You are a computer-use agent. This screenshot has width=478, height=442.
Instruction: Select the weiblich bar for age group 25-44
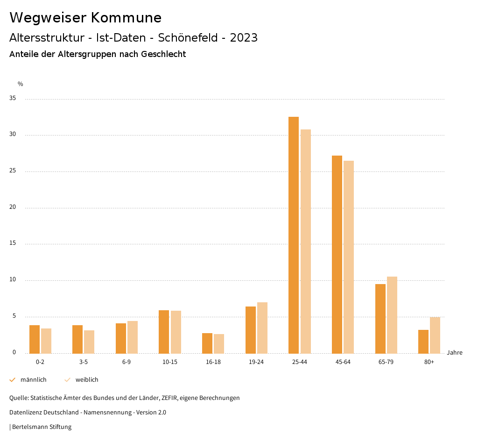[x=306, y=241]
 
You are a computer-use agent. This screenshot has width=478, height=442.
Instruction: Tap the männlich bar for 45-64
[x=337, y=254]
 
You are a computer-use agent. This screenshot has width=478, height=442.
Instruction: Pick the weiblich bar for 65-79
[x=392, y=315]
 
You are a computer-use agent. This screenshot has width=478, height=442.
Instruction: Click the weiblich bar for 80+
[x=435, y=335]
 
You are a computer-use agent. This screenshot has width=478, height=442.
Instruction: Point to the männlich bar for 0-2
[x=35, y=339]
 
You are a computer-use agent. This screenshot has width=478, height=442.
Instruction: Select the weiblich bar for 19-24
[x=262, y=328]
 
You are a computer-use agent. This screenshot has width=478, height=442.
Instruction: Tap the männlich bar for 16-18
[x=207, y=343]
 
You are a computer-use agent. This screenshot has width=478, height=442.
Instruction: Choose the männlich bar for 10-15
[x=164, y=332]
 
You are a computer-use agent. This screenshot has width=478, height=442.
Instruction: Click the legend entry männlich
[x=33, y=380]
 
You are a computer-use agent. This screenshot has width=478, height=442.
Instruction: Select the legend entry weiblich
[x=87, y=380]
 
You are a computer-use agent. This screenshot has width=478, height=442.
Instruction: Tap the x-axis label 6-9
[x=127, y=362]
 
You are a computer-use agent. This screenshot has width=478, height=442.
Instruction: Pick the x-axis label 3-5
[x=83, y=362]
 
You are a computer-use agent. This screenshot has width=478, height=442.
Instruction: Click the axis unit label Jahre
[x=454, y=353]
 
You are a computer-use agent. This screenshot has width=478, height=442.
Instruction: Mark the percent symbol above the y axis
[x=21, y=84]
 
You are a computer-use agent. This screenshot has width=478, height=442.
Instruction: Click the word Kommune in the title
[x=126, y=18]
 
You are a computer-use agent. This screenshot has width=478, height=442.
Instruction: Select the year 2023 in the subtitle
[x=244, y=38]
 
